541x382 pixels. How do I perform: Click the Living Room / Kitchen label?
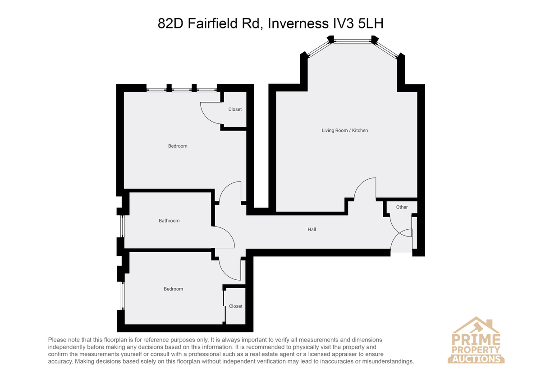344,131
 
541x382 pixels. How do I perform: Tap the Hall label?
312,229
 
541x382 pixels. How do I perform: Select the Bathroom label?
169,221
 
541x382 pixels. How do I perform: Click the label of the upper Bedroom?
178,146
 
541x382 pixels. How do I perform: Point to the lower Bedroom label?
174,289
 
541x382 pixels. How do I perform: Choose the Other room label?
402,207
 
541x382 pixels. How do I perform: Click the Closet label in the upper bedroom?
235,109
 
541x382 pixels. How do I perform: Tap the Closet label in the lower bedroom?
236,306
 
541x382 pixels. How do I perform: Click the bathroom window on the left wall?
122,227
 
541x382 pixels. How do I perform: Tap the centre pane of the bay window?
353,41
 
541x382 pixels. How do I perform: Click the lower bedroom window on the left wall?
123,296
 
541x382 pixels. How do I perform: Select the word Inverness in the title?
298,23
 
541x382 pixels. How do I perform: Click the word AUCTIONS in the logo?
476,359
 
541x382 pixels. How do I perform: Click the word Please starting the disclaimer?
57,340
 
